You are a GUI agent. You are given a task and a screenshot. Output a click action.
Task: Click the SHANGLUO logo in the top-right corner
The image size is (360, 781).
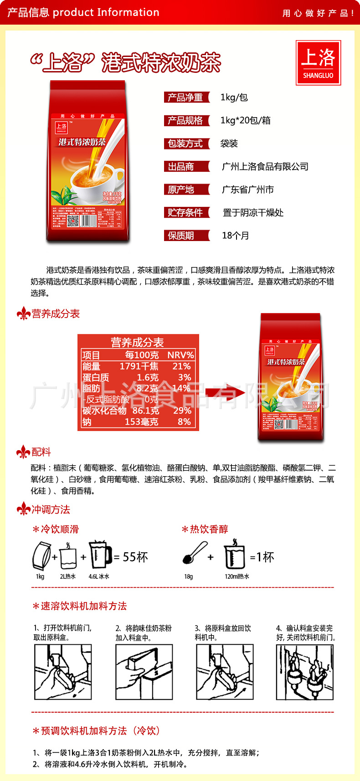tap(318, 63)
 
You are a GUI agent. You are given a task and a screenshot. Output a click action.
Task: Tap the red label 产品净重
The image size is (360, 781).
tap(186, 98)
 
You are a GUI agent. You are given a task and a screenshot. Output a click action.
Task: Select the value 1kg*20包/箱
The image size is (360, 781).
tap(245, 120)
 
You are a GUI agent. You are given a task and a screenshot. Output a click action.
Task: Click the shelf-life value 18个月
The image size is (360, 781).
tap(235, 236)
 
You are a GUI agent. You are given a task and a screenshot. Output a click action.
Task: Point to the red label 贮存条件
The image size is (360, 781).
tap(186, 212)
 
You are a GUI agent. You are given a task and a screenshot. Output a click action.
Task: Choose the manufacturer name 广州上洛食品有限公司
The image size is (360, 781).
tap(265, 167)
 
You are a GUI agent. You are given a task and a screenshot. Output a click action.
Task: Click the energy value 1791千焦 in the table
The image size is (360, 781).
tap(139, 366)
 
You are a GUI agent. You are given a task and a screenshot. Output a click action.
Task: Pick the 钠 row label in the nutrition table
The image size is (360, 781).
tap(87, 422)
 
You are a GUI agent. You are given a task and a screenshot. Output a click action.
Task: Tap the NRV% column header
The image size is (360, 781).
tap(180, 355)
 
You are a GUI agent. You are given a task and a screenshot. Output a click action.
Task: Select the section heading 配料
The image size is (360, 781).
tap(41, 452)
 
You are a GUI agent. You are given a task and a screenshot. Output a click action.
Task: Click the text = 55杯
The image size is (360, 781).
tap(131, 557)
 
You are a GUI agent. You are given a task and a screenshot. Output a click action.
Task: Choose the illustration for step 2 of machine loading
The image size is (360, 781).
tap(144, 672)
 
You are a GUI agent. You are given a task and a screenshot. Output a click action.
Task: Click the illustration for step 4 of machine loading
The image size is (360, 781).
tap(305, 672)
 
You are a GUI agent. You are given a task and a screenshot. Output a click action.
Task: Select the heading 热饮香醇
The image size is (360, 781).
tap(209, 529)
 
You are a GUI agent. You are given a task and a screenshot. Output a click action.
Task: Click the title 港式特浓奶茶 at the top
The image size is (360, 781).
tap(161, 63)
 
